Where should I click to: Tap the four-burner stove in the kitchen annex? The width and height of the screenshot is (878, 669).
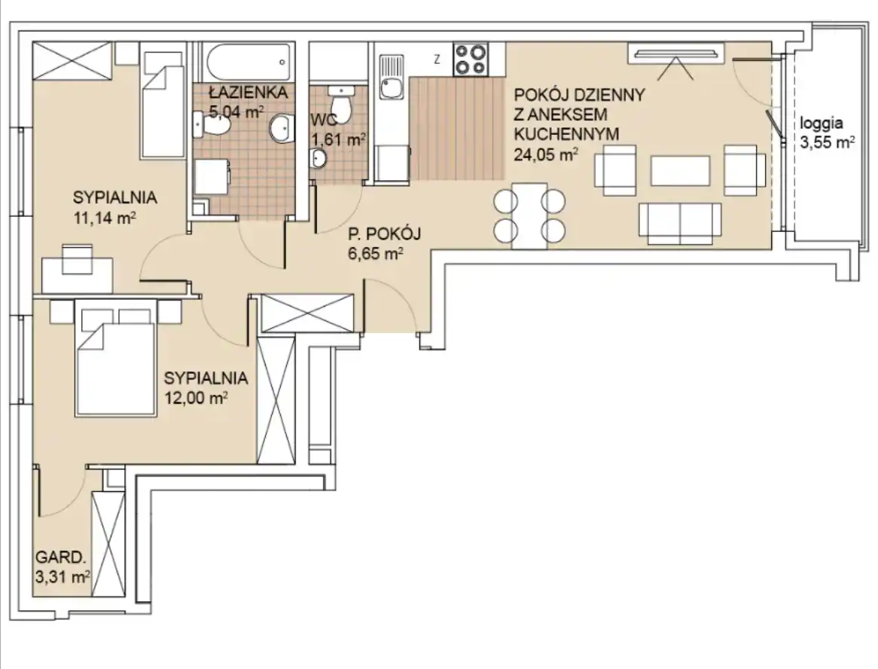[x=471, y=59]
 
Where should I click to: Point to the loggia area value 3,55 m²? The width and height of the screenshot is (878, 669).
[x=827, y=142]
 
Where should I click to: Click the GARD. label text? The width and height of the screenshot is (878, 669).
[x=61, y=557]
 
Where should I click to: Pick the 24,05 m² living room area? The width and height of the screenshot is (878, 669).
[x=546, y=154]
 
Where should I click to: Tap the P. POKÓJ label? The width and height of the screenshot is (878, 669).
[x=384, y=234]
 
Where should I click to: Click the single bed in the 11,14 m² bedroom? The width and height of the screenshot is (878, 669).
[x=163, y=105]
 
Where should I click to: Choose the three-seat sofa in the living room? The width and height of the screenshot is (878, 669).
[x=681, y=224]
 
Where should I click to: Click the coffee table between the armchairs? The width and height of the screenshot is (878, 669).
[x=681, y=170]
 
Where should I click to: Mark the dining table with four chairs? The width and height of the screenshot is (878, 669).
[x=529, y=215]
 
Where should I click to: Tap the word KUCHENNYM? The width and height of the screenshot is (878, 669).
[x=567, y=134]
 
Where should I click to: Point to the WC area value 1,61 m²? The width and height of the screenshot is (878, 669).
[x=338, y=139]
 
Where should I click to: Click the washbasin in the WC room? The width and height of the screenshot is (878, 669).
[x=319, y=158]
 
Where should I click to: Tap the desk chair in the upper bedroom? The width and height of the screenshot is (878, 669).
[x=78, y=259]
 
